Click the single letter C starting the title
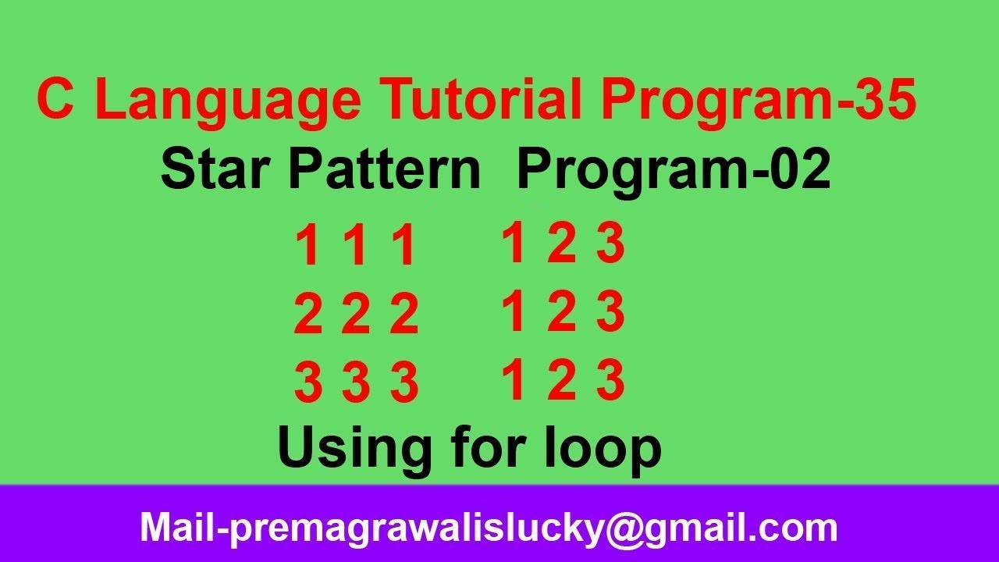55,100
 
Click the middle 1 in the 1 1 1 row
356,247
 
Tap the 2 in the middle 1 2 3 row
561,311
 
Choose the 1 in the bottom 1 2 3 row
513,382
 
